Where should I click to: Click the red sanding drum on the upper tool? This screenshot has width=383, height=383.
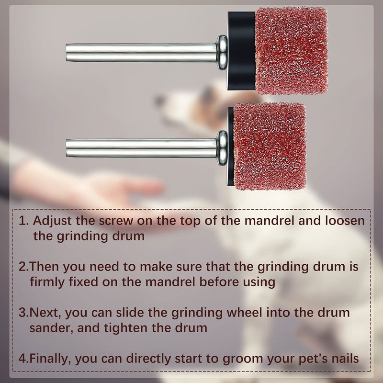[x=291, y=51]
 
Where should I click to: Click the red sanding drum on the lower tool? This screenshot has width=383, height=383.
[x=270, y=146]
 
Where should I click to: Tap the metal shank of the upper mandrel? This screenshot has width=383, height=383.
[x=141, y=53]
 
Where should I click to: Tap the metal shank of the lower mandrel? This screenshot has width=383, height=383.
[x=141, y=148]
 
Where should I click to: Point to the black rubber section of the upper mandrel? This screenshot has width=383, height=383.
[x=242, y=51]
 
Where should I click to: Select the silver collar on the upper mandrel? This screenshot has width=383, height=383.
[x=222, y=53]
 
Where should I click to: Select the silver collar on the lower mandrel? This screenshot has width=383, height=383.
[x=222, y=148]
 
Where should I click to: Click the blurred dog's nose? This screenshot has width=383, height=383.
[x=159, y=100]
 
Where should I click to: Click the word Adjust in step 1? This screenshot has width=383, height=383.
[x=52, y=221]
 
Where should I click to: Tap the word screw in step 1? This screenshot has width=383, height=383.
[x=116, y=221]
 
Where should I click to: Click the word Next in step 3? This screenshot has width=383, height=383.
[x=45, y=313]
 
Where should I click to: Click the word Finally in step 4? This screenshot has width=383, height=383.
[x=50, y=359]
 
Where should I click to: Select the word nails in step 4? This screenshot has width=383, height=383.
[x=345, y=359]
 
